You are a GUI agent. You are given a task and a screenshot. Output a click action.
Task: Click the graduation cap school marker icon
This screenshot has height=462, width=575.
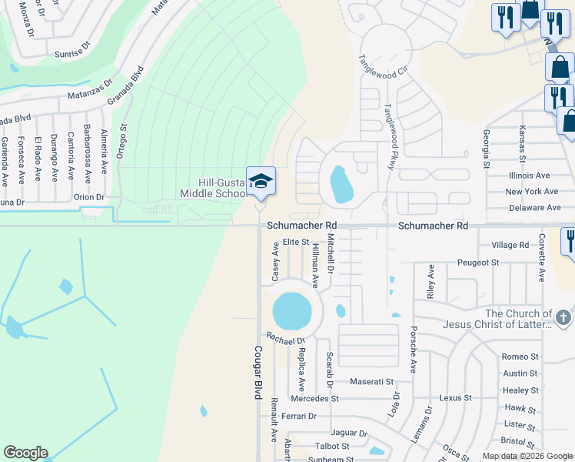(x=261, y=182)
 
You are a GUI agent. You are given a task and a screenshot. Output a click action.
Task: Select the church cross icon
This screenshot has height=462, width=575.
(x=563, y=317)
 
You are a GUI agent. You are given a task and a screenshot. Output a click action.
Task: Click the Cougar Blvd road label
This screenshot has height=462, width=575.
(x=258, y=371)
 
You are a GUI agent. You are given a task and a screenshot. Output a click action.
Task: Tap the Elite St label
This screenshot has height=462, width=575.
(x=295, y=242)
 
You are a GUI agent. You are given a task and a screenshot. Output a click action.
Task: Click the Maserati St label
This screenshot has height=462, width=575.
(x=371, y=381)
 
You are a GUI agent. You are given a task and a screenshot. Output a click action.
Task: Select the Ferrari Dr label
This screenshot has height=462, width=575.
(x=299, y=416)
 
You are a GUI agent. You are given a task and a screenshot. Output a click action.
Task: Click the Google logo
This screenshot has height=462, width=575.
(x=25, y=453)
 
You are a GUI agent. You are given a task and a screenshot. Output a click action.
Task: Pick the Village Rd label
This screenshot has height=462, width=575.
(x=510, y=245)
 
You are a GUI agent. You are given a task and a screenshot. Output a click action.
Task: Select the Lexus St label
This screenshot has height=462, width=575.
(x=455, y=398)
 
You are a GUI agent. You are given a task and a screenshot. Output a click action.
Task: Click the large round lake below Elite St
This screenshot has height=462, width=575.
(x=292, y=310)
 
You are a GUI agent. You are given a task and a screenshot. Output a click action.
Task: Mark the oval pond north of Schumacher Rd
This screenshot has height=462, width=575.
(x=341, y=184)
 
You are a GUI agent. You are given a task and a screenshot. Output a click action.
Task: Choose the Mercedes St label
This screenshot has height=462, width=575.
(x=314, y=399)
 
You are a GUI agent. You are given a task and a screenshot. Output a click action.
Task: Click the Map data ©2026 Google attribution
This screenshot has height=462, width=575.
(x=527, y=456)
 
